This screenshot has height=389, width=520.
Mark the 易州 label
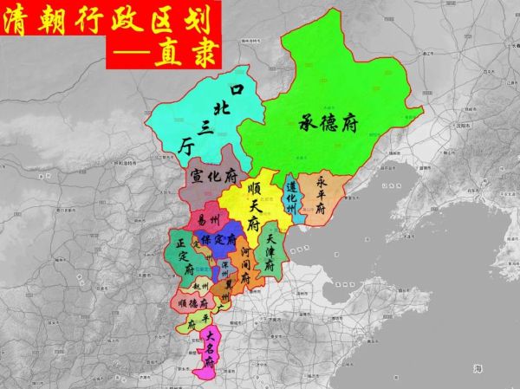tap(209, 220)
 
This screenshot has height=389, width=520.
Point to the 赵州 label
tap(202, 283)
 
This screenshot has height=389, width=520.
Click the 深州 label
tap(224, 266)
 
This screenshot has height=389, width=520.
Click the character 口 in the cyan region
tap(235, 89)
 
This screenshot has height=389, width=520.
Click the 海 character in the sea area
tap(478, 369)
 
